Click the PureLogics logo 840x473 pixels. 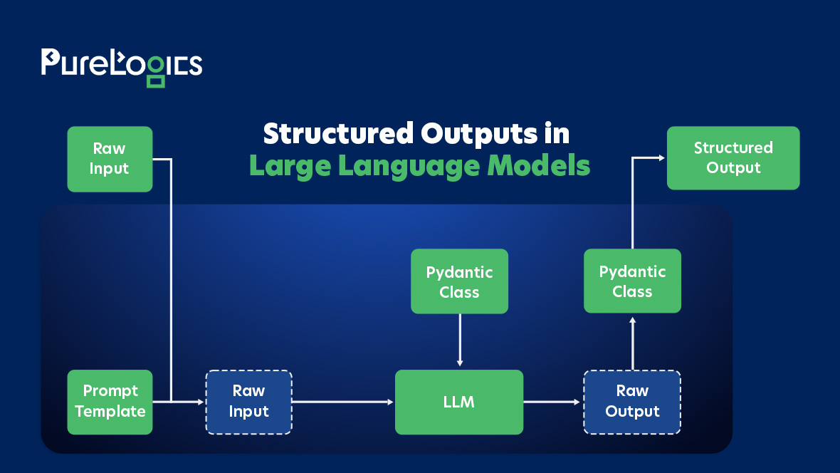click(x=121, y=66)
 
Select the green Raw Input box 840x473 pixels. click(x=110, y=159)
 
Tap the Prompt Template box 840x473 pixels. click(x=110, y=402)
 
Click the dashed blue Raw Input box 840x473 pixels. click(x=248, y=402)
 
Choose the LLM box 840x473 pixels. click(x=458, y=402)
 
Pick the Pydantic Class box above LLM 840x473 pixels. click(x=459, y=281)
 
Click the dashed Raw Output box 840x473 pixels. click(x=632, y=402)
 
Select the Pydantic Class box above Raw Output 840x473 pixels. click(x=632, y=281)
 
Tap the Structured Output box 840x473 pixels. click(x=733, y=158)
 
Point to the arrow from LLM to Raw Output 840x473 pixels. click(x=552, y=402)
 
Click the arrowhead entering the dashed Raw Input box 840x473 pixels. click(x=201, y=402)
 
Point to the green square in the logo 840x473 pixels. click(x=156, y=80)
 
